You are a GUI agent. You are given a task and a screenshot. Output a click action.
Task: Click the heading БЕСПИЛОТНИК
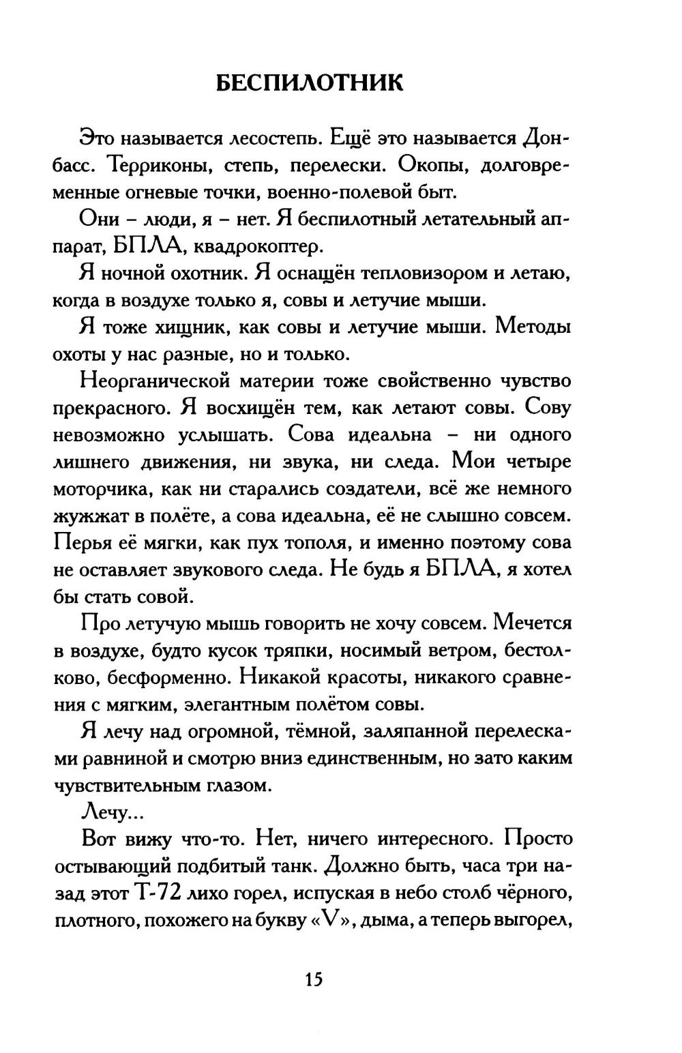309,83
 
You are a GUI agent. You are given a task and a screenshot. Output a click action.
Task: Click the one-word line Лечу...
106,812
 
